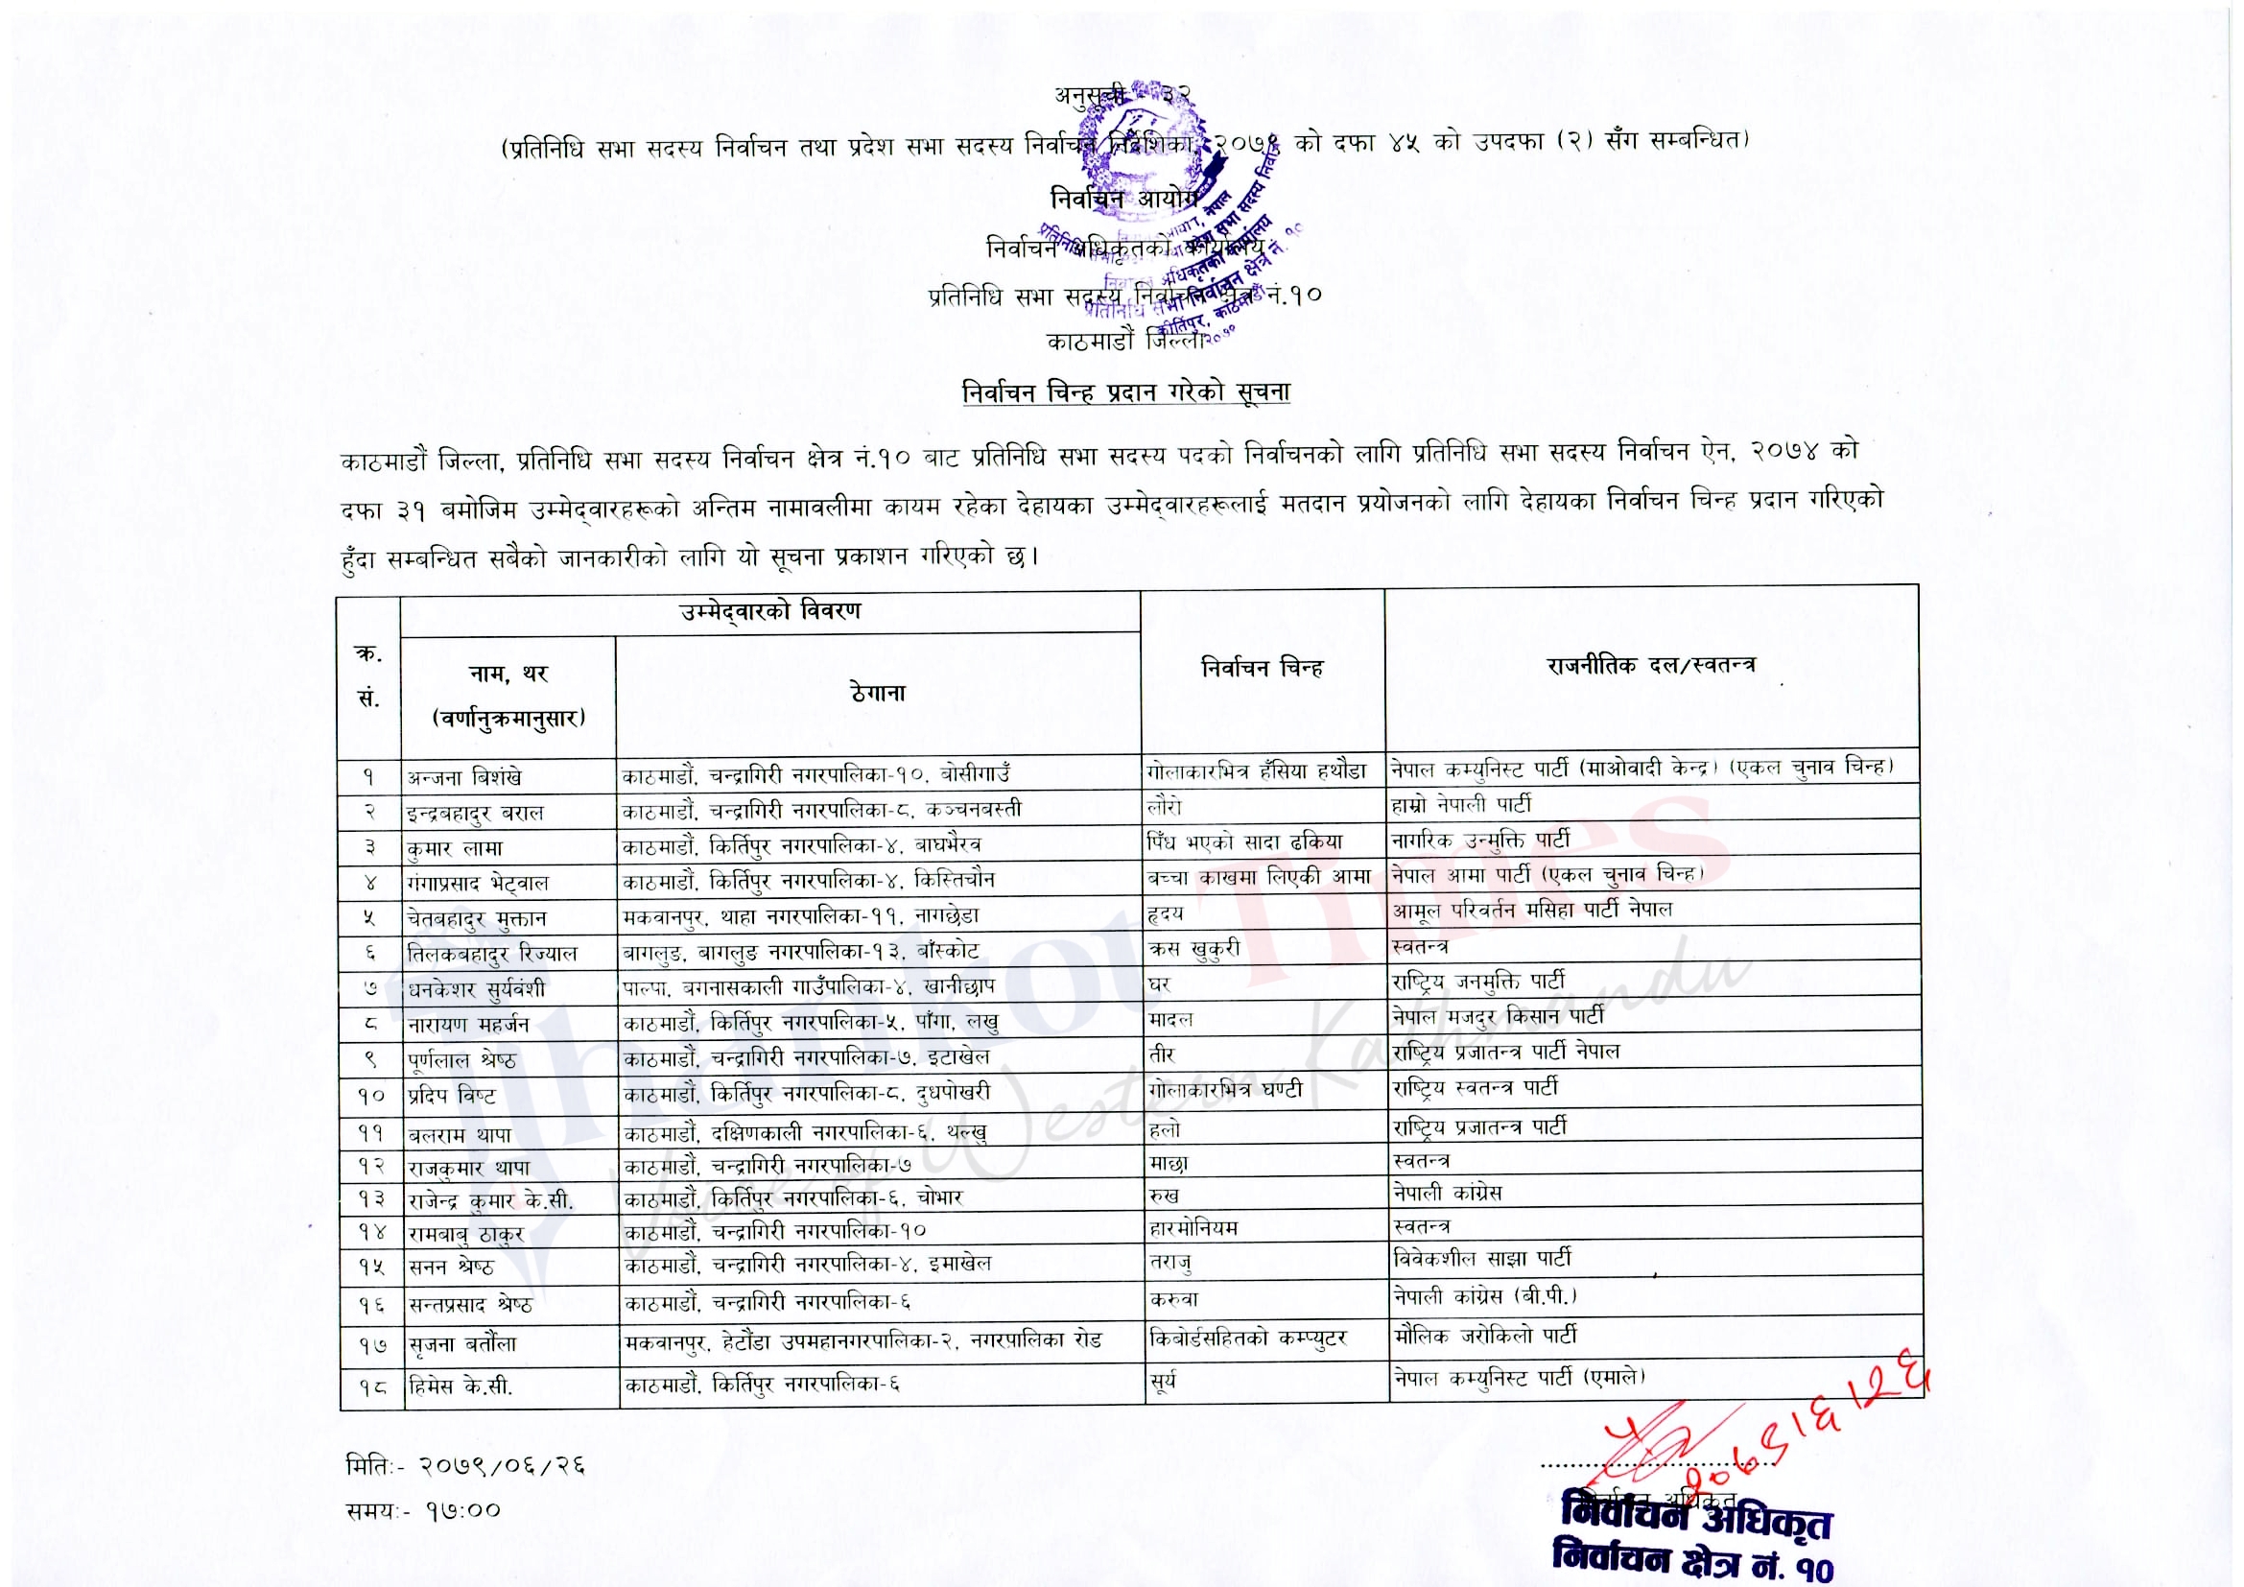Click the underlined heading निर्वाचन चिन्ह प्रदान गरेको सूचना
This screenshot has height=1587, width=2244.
point(1126,392)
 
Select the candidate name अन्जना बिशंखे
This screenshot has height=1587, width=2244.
point(464,777)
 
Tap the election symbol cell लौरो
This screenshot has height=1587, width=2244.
point(1165,806)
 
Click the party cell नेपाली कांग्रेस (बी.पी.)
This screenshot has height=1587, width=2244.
point(1484,1297)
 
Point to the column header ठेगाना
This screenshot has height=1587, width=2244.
point(878,693)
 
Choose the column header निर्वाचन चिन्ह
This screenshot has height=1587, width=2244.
point(1262,669)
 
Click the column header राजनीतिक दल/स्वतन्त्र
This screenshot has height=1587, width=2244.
point(1651,666)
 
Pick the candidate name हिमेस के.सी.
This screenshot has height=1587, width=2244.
point(461,1386)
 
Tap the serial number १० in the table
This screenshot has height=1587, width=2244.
point(371,1097)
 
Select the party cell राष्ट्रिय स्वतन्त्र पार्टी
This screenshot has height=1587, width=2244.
point(1475,1087)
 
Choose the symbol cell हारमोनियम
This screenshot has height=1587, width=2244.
point(1194,1227)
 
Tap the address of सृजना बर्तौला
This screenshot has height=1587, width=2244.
point(863,1341)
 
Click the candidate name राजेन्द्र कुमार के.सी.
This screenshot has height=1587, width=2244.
point(490,1201)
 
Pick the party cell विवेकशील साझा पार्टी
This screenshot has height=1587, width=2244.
point(1481,1259)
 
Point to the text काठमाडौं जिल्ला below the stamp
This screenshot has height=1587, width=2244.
point(1124,341)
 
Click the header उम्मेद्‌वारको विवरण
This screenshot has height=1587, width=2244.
point(770,612)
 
